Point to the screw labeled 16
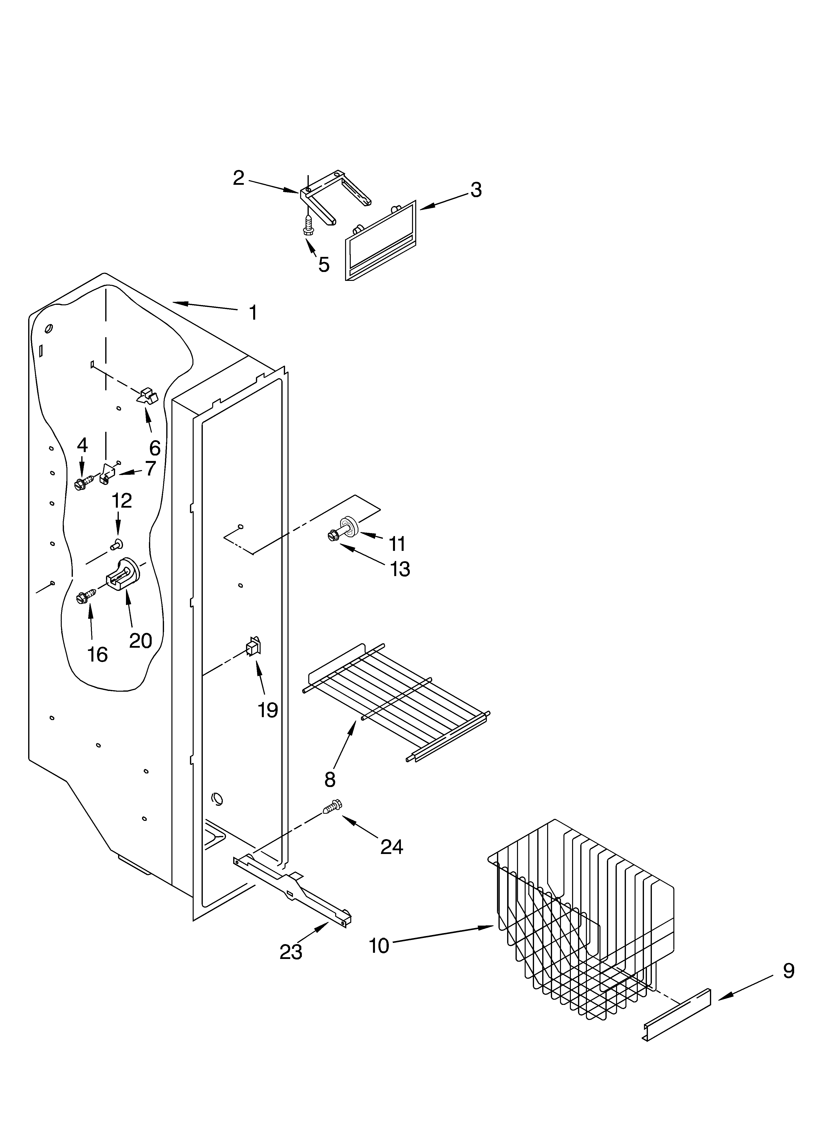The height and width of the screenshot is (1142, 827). (84, 597)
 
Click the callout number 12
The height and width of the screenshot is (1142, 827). (121, 500)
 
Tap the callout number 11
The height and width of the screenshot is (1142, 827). (397, 543)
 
